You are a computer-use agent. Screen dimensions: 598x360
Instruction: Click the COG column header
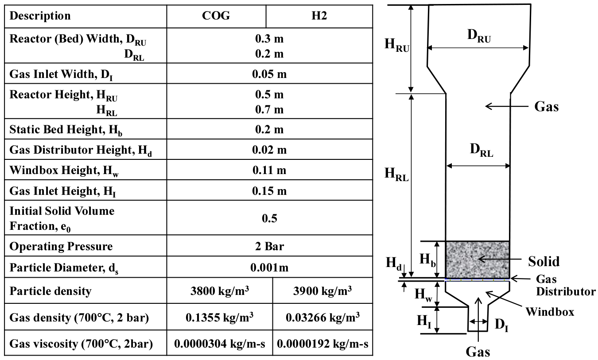point(216,16)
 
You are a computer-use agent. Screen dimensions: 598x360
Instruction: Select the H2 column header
point(319,16)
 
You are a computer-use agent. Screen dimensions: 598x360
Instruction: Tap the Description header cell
point(40,16)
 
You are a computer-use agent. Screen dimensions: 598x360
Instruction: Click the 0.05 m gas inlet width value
point(269,74)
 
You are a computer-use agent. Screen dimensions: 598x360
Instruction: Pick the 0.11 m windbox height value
point(269,170)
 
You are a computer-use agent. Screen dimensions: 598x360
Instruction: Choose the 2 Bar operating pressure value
point(269,246)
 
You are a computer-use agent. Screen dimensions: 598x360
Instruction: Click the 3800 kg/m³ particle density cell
point(219,290)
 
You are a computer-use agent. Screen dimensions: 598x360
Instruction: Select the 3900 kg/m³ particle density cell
point(322,290)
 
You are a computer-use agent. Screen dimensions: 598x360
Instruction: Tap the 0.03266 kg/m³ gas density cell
point(322,317)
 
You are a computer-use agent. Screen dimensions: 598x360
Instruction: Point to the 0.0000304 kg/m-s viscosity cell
point(219,344)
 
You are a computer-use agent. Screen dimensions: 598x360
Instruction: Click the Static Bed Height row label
point(66,130)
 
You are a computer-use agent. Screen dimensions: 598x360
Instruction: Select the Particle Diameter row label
point(64,268)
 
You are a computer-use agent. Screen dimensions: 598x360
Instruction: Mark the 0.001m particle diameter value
point(269,267)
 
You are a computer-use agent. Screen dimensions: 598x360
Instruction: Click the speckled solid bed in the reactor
point(478,259)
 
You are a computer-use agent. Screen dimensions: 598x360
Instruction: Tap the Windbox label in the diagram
point(550,312)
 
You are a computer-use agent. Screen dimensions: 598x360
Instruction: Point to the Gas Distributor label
point(565,285)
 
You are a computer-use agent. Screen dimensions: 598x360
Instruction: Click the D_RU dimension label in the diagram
point(479,36)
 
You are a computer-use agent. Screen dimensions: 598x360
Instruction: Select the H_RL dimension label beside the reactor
point(396,174)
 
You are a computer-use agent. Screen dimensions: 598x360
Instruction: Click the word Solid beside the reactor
point(544,261)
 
